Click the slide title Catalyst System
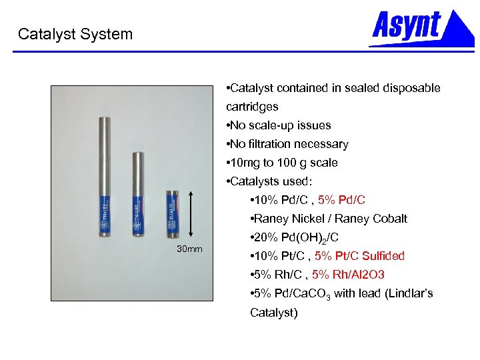[75, 34]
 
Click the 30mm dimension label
[190, 249]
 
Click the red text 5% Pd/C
[342, 200]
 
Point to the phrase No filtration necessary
[287, 144]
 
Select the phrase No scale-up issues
[279, 125]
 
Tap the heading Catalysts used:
[269, 181]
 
